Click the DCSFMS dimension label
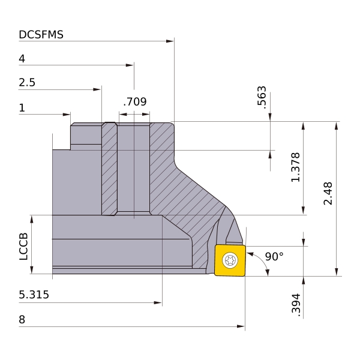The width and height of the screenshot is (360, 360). point(41,35)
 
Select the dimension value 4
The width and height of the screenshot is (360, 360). point(22,59)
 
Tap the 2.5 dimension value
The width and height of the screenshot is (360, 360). point(27,82)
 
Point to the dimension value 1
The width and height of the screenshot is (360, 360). point(22,107)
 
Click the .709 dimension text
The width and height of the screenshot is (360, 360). point(135,102)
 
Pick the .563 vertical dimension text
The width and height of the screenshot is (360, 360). point(262,97)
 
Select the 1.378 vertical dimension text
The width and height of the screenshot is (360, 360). point(295,167)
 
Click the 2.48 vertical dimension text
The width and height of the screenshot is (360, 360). point(328,194)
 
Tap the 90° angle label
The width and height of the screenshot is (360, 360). point(274,256)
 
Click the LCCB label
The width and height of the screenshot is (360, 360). point(23,247)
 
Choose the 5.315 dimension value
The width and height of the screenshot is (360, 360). point(34,295)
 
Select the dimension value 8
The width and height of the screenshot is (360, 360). point(22,320)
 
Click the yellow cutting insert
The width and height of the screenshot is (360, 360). point(230,260)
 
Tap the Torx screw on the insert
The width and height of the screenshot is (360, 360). point(230,260)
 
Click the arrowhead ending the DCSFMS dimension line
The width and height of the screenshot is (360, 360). point(170,41)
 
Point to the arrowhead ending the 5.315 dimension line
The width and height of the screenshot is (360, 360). point(158,303)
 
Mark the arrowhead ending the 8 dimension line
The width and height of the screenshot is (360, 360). point(241,326)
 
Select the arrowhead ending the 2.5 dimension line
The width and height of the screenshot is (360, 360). point(97,89)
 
